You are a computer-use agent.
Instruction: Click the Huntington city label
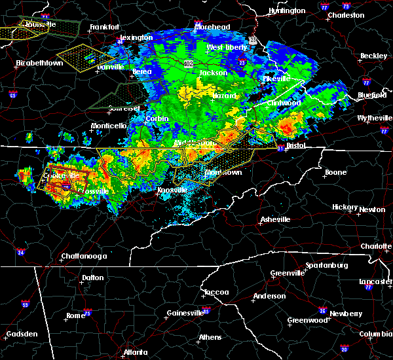coord(287,11)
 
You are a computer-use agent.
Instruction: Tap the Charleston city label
coord(346,14)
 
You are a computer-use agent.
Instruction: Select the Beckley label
coord(373,56)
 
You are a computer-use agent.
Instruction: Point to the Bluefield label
coord(372,95)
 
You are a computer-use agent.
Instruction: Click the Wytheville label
coord(373,118)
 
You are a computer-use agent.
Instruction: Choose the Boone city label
coord(336,173)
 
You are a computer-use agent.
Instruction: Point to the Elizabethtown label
coord(39,63)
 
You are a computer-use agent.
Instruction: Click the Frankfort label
coord(104,27)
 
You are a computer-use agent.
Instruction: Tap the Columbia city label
coord(376,334)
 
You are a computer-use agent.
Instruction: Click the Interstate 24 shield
coord(20,252)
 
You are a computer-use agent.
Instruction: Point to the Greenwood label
coord(308,321)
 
